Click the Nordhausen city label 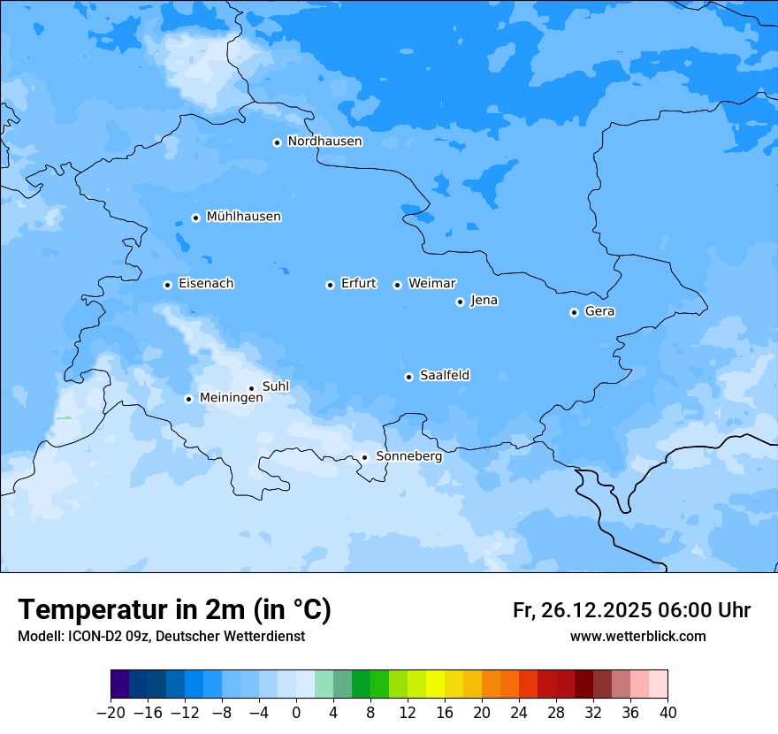[324, 141]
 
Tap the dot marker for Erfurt [330, 285]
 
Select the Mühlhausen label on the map [243, 217]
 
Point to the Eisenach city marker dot [167, 285]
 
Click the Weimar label [431, 284]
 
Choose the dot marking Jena [460, 302]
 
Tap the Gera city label [599, 311]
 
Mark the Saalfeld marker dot [408, 377]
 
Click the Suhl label [276, 386]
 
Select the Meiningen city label [231, 398]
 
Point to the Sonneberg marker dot [364, 457]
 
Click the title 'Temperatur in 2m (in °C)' [174, 609]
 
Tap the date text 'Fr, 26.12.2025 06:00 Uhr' [631, 610]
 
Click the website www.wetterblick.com [637, 636]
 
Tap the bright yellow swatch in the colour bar [435, 684]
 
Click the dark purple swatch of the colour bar [120, 684]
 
